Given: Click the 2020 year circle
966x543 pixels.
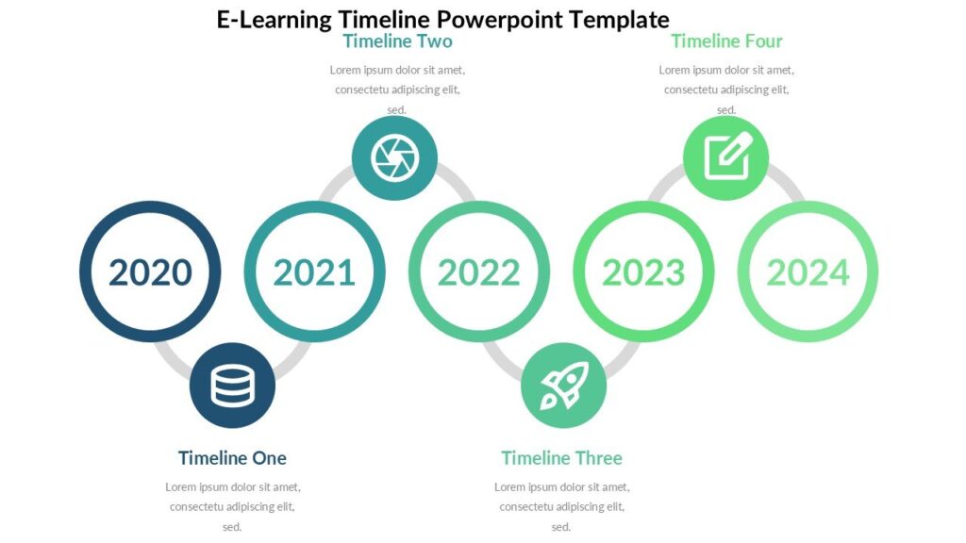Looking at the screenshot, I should pyautogui.click(x=150, y=271).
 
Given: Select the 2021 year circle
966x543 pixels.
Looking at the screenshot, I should pyautogui.click(x=314, y=271).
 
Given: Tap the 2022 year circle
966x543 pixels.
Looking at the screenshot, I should pyautogui.click(x=478, y=271).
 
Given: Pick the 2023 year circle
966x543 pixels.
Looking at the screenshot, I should pyautogui.click(x=643, y=271).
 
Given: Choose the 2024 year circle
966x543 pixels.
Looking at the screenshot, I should pyautogui.click(x=808, y=271).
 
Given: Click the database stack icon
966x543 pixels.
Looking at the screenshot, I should pyautogui.click(x=232, y=385).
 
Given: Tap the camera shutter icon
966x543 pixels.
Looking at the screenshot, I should pyautogui.click(x=394, y=158).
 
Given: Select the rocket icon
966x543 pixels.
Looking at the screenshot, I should pyautogui.click(x=563, y=385).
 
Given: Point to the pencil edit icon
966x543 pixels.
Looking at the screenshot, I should pyautogui.click(x=725, y=158).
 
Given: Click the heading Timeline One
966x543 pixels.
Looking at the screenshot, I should pyautogui.click(x=232, y=458).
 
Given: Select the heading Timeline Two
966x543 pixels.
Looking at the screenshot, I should pyautogui.click(x=397, y=41).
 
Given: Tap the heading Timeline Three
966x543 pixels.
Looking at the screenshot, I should pyautogui.click(x=561, y=458).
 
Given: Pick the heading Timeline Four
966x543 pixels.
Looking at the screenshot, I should pyautogui.click(x=726, y=41).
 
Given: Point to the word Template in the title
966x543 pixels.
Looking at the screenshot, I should pyautogui.click(x=625, y=20).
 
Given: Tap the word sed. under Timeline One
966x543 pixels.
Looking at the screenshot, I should pyautogui.click(x=232, y=527).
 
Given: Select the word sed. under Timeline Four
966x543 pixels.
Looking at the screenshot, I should pyautogui.click(x=726, y=110).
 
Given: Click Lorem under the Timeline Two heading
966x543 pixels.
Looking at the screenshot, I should pyautogui.click(x=346, y=70).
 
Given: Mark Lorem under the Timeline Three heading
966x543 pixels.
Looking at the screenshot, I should pyautogui.click(x=510, y=487).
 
